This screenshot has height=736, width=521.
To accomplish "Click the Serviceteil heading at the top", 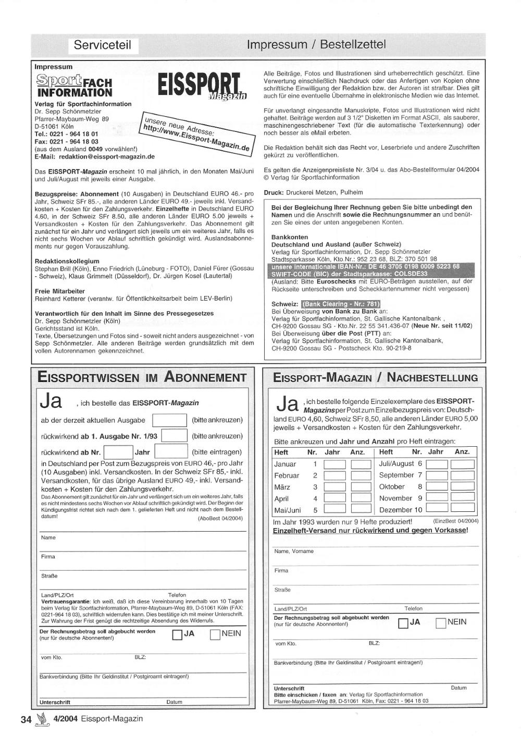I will point(102,45).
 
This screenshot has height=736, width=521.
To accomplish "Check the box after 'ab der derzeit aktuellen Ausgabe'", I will point(169,420).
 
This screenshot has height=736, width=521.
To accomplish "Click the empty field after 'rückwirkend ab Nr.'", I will point(119,452).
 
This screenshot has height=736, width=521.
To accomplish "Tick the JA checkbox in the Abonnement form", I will point(177,634).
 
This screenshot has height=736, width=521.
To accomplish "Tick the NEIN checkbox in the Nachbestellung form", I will point(440,622).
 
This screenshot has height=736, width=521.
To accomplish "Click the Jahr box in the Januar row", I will point(334,464).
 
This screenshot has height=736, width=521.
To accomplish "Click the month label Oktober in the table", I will point(392,487).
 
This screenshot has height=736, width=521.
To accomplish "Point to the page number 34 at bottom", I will point(26,720).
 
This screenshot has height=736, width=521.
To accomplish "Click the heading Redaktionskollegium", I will point(67,261).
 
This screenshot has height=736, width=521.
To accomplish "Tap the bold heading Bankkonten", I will point(290,237).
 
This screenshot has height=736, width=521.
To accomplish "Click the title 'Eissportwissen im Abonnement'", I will point(142,377).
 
